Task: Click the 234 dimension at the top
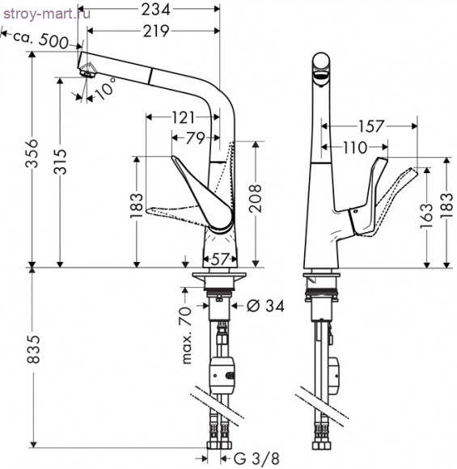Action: pos(155,10)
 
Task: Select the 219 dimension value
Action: pos(156,31)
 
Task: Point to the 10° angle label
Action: pos(106,88)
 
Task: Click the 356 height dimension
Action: pos(32,154)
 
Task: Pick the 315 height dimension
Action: pos(60,162)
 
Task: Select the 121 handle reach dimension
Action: pos(183,117)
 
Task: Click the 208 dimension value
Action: pos(256,198)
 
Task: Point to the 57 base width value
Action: pos(220,259)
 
